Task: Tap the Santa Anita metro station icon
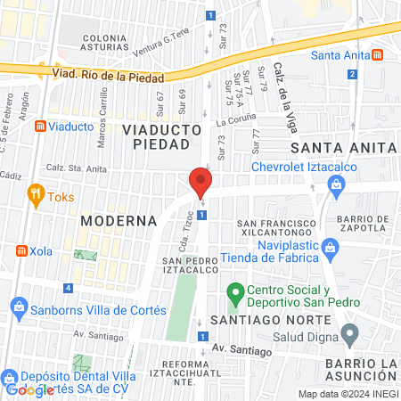coord(379,54)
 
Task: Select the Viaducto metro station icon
coord(39,127)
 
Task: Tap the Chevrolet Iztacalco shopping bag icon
coord(337,184)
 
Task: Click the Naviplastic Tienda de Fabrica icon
coord(329,245)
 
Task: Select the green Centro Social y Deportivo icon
coord(235,291)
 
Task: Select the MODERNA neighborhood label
coord(118,220)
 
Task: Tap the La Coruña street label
coord(235,118)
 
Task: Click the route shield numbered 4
coord(69,288)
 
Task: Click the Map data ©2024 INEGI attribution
coord(347,394)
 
